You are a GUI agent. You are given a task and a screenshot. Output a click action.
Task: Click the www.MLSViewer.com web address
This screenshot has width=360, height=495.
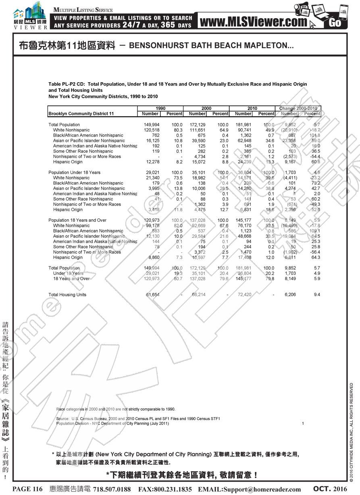tap(253, 22)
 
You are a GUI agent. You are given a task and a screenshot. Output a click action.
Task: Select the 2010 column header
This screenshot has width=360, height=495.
tap(252, 108)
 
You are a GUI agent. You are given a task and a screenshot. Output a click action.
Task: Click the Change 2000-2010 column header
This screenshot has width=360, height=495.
tap(298, 108)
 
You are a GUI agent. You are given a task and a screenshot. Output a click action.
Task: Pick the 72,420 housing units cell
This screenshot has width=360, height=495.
tap(244, 295)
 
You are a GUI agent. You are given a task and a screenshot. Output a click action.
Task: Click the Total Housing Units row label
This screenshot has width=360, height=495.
tap(67, 295)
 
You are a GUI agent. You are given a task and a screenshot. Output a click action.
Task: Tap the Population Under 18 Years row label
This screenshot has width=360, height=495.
tap(74, 173)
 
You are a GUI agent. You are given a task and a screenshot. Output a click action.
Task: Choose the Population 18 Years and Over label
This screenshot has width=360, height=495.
tap(77, 220)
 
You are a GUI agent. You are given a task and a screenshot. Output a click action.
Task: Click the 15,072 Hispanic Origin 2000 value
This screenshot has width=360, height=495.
tap(198, 162)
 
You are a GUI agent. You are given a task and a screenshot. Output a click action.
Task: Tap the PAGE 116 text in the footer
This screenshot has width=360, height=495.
tap(27, 489)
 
